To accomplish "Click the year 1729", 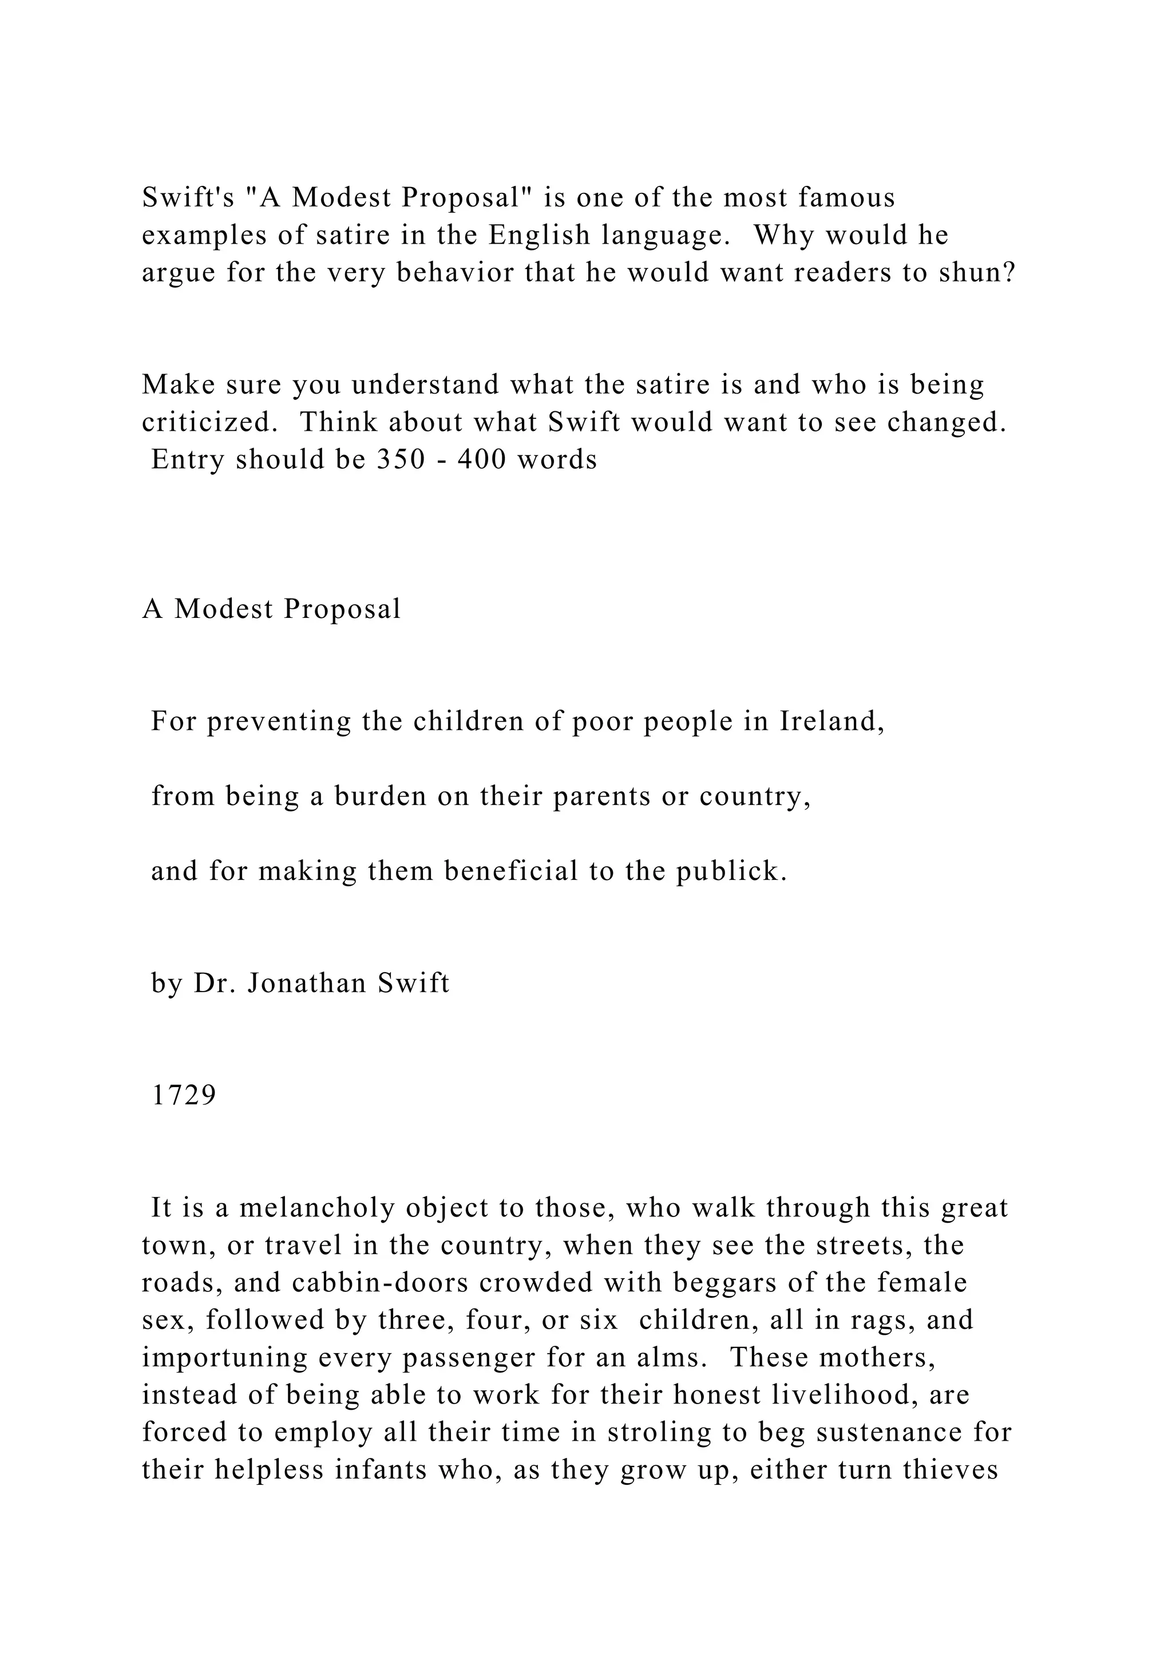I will pos(183,1096).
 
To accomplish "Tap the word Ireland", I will pos(832,721).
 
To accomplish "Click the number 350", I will pos(401,459).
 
